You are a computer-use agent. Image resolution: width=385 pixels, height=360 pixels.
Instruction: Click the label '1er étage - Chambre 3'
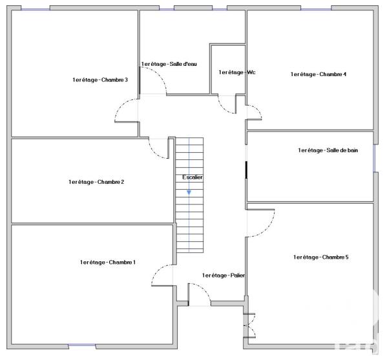(100, 80)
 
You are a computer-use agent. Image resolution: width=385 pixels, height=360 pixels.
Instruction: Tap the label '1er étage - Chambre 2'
(96, 182)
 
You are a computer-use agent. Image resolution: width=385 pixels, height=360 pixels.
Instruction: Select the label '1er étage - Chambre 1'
(108, 262)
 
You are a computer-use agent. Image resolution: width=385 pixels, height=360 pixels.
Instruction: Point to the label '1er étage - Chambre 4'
(318, 74)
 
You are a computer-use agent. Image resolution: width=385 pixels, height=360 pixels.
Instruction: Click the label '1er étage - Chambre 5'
(321, 257)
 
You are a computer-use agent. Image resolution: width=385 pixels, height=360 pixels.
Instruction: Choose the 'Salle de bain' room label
(328, 150)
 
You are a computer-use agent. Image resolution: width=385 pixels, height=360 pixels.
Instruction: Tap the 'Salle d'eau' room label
(169, 64)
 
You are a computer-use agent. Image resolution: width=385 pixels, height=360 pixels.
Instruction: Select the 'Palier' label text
(224, 275)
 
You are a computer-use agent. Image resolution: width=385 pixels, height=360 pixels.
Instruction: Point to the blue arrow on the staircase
(189, 192)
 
